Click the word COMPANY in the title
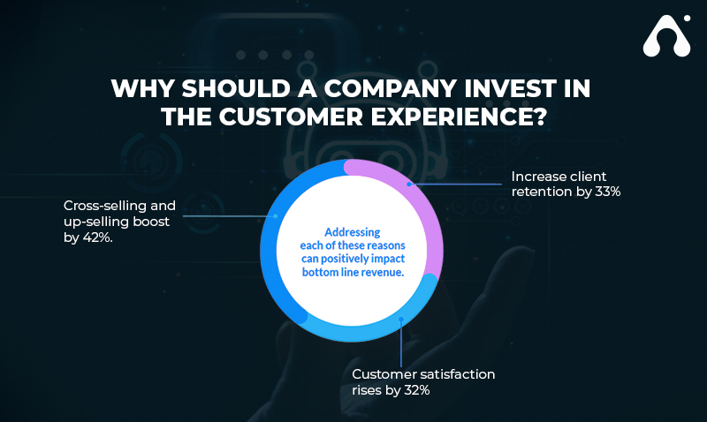click(390, 88)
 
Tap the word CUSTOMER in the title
click(291, 117)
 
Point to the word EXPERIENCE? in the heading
click(459, 117)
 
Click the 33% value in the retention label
click(608, 192)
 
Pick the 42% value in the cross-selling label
click(97, 237)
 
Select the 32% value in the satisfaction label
click(416, 390)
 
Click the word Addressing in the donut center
click(352, 232)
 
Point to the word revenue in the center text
click(386, 272)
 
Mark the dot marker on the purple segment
click(409, 185)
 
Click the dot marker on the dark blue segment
click(276, 216)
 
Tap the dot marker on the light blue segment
click(401, 320)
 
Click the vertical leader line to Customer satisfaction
click(401, 343)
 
